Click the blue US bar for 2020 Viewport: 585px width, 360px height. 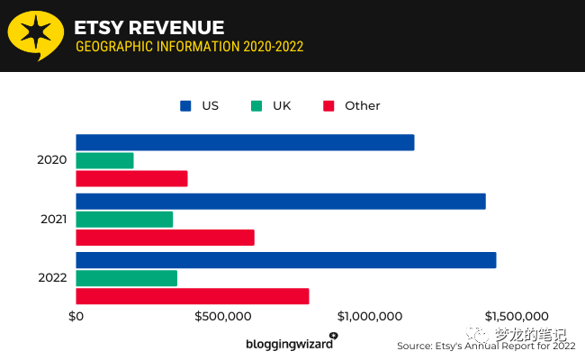coord(245,142)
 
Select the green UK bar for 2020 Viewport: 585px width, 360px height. coord(104,160)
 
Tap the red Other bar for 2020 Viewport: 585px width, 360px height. coord(131,178)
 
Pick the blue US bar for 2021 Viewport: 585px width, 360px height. coord(281,202)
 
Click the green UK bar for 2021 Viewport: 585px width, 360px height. coord(124,219)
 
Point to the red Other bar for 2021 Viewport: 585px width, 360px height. coord(165,238)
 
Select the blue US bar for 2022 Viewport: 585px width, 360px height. coord(286,260)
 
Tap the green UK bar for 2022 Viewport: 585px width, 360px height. coord(126,278)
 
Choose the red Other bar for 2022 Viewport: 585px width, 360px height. coord(193,296)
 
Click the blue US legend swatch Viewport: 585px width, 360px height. coord(185,105)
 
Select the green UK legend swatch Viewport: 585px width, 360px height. coord(256,105)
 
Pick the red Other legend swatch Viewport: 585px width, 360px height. coord(328,105)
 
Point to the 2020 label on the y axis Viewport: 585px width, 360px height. coord(52,160)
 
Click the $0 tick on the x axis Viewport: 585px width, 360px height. coord(76,317)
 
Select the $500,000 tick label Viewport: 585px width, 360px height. coord(222,317)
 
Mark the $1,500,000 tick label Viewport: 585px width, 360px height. coord(517,317)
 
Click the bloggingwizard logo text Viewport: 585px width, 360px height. coord(288,344)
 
